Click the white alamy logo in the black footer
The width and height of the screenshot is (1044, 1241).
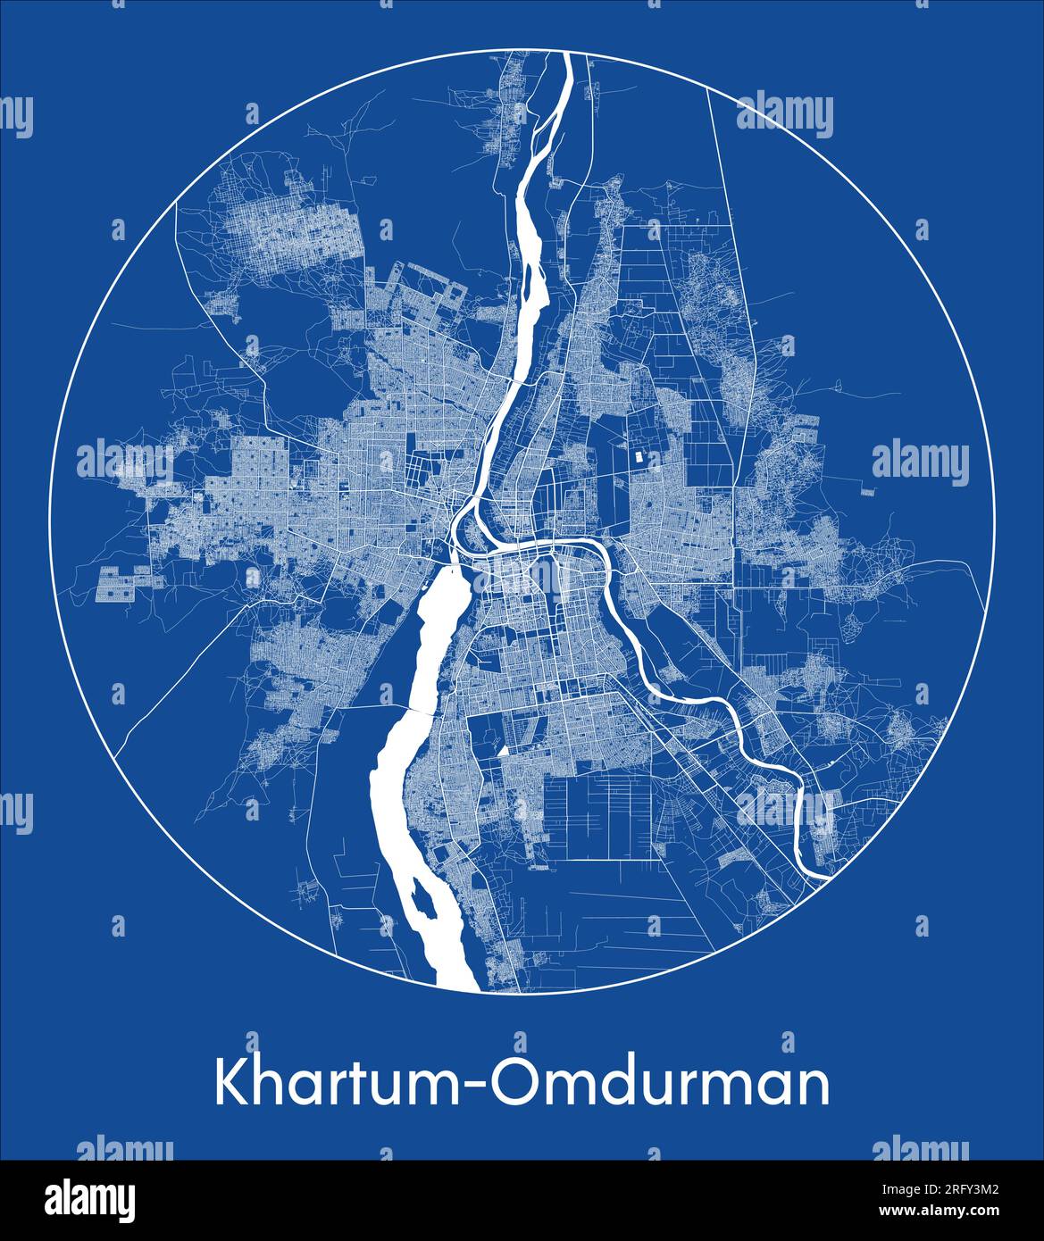point(90,1200)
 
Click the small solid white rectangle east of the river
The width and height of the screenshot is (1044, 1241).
point(637,456)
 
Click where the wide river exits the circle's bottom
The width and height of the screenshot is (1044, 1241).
point(461,986)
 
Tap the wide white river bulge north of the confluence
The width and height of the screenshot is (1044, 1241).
point(527,250)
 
